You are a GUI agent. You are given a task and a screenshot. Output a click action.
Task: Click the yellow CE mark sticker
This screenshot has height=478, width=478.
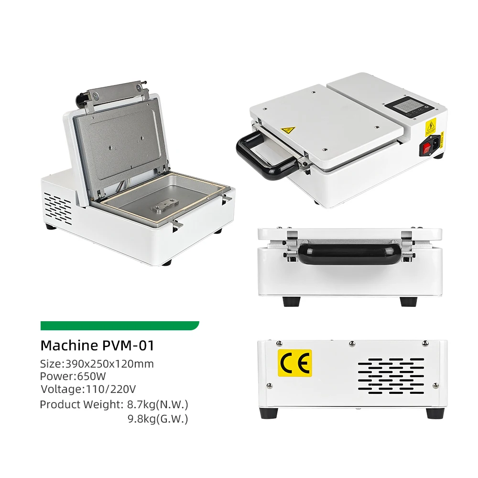point(295,363)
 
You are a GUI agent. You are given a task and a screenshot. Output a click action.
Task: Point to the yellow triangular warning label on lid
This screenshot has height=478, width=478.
point(288,129)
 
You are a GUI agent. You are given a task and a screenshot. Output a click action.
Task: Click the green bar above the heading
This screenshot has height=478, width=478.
point(119,326)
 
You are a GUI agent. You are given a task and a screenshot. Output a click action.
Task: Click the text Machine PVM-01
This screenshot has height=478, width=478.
point(98,345)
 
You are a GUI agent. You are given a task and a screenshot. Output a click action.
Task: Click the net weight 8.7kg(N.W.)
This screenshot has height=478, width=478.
point(157,404)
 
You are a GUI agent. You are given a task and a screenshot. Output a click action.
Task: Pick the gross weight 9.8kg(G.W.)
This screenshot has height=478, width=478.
point(157,419)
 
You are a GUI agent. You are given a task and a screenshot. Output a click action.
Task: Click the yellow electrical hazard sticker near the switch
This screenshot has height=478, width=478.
point(431,127)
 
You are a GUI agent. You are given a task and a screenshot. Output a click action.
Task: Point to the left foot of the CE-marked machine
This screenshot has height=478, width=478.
point(268,413)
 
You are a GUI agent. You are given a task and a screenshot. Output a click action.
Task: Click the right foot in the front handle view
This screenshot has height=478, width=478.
point(408,302)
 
